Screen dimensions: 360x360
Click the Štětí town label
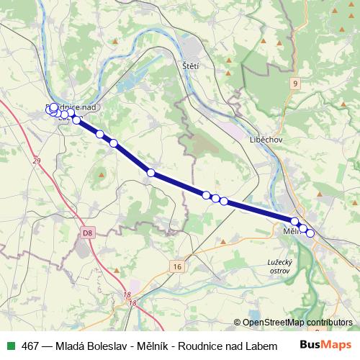pyautogui.click(x=191, y=66)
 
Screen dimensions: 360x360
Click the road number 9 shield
pyautogui.click(x=294, y=84)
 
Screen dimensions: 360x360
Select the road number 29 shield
pyautogui.click(x=37, y=161)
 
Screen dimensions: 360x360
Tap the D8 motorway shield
pyautogui.click(x=87, y=233)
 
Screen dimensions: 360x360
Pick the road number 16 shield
pyautogui.click(x=176, y=266)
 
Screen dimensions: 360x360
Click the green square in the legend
pyautogui.click(x=10, y=346)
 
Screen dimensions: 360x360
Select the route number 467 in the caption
pyautogui.click(x=31, y=346)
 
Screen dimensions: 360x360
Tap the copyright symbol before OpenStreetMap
pyautogui.click(x=238, y=323)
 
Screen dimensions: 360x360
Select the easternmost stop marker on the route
pyautogui.click(x=310, y=233)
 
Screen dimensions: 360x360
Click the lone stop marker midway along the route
pyautogui.click(x=150, y=173)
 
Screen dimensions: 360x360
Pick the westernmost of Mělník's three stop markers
pyautogui.click(x=294, y=222)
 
